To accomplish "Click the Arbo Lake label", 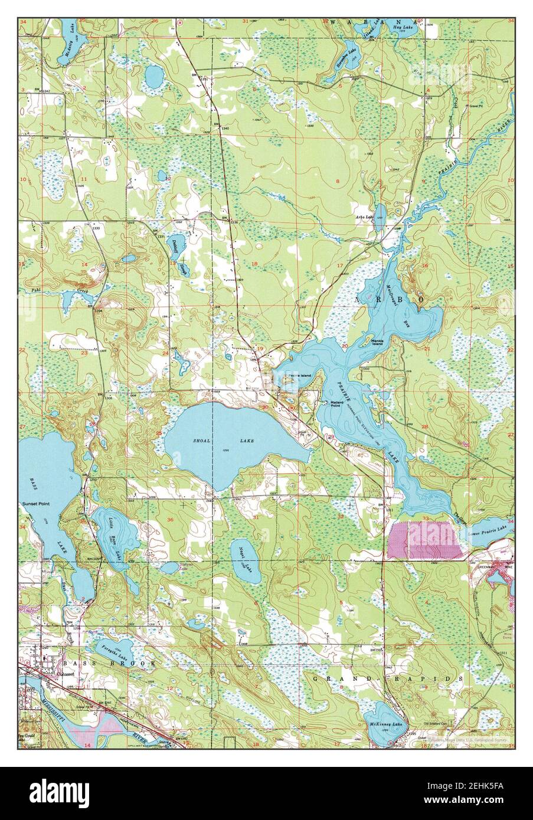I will [364, 217].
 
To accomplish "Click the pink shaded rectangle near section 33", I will [425, 539].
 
